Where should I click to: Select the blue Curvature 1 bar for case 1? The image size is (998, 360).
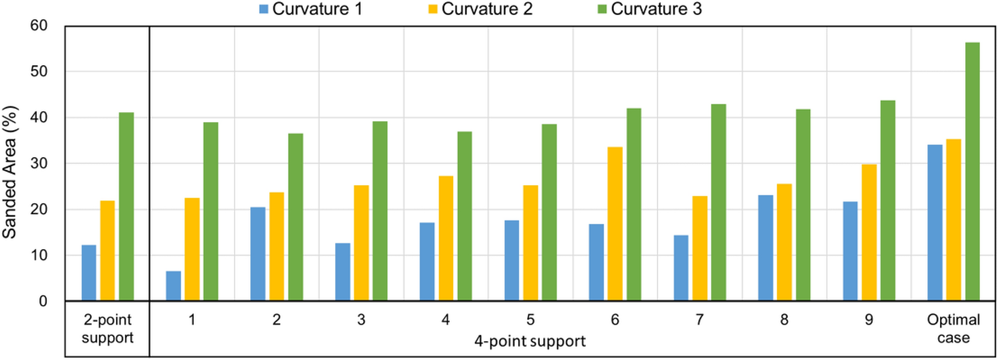(x=174, y=286)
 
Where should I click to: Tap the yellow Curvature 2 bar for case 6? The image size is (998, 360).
(x=615, y=224)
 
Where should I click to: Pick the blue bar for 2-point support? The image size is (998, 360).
(x=89, y=273)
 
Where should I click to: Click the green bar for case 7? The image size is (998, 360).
(x=718, y=203)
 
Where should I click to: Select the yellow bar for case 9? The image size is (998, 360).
(x=869, y=233)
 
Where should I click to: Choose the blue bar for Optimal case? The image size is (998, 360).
(x=935, y=223)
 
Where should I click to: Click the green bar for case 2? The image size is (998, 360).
(x=296, y=217)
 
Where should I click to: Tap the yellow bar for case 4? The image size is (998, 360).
(x=446, y=238)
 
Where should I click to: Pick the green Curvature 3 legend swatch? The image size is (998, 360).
(x=602, y=9)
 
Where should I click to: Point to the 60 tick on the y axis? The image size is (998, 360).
(x=39, y=26)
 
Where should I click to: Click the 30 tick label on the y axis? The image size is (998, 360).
(x=39, y=163)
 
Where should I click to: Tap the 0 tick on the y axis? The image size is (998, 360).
(x=43, y=301)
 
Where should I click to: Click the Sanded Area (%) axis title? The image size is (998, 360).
(x=10, y=172)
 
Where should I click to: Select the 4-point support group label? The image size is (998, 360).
(x=530, y=341)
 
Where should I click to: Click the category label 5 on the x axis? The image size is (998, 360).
(x=530, y=320)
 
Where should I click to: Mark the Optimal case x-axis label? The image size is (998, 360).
(x=953, y=328)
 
